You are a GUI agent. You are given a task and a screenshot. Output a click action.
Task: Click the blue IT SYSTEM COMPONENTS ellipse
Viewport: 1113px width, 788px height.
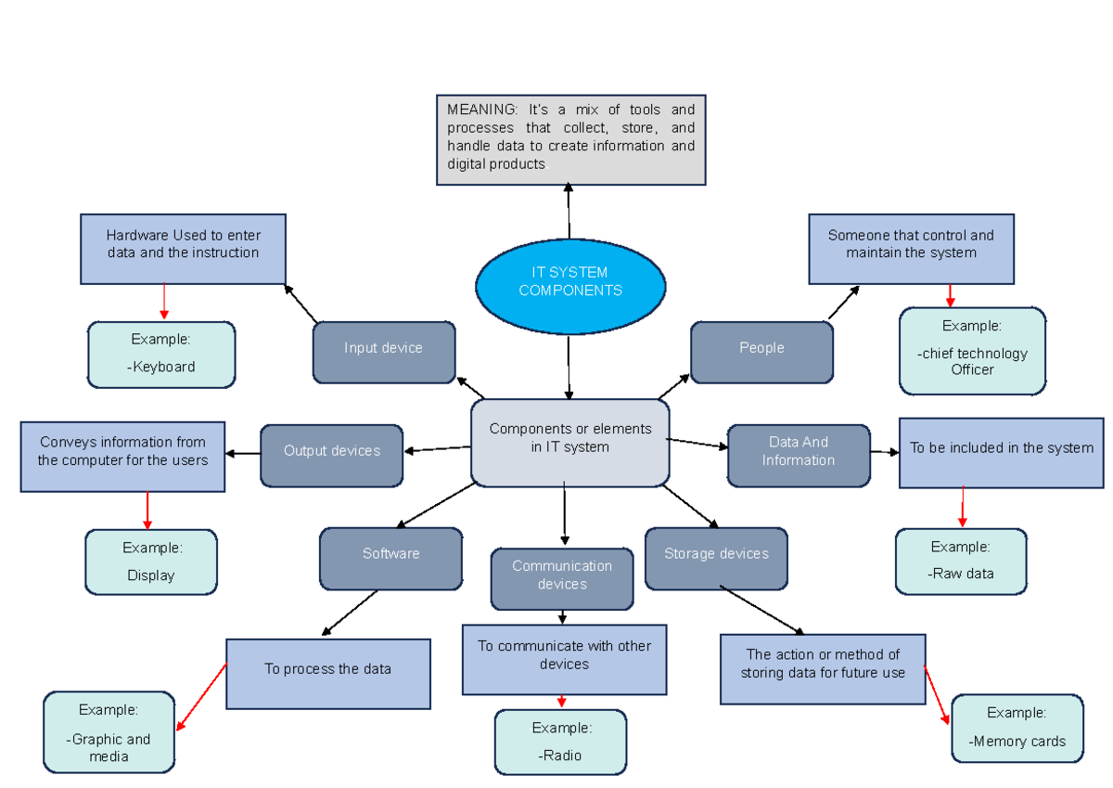tap(570, 281)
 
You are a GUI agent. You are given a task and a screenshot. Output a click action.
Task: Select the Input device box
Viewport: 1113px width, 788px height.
tap(384, 352)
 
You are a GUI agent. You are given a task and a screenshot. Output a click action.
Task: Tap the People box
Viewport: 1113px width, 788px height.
tap(761, 352)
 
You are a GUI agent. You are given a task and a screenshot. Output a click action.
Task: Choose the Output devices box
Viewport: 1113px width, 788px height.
tap(332, 455)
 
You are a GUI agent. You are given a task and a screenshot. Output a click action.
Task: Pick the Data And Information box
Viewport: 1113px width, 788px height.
tap(799, 455)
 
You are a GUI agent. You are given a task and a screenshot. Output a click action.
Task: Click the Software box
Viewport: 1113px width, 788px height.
tap(390, 558)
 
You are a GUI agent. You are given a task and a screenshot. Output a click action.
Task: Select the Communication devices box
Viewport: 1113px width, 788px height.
tap(562, 578)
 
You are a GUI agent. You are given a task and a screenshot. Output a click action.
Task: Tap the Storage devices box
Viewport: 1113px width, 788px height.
tap(716, 558)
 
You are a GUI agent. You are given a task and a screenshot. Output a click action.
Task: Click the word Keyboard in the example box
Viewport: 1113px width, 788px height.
tap(164, 367)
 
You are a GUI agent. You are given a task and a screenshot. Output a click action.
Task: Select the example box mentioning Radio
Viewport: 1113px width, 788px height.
tap(560, 742)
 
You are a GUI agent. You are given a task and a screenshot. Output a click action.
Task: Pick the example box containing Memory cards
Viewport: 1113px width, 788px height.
tap(1017, 728)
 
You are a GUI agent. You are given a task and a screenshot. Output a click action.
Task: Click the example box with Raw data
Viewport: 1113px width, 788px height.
tap(961, 561)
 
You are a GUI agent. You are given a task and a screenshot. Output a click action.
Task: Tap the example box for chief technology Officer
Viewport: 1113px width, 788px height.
tap(972, 351)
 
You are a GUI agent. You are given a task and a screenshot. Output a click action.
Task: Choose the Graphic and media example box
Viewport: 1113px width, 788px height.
tap(109, 731)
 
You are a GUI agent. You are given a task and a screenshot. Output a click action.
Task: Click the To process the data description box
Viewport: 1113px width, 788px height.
tap(328, 673)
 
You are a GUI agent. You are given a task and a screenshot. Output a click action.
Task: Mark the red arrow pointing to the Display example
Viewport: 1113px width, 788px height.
tap(147, 510)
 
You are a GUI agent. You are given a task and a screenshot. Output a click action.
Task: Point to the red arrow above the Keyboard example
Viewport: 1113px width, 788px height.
tap(164, 302)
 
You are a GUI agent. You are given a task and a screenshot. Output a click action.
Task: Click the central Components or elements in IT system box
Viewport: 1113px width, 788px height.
tap(570, 442)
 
